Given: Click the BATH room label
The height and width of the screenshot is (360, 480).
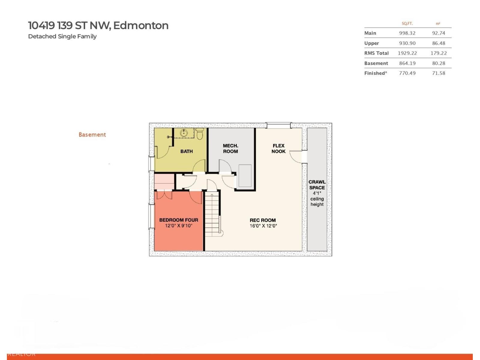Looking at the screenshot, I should tap(186, 151).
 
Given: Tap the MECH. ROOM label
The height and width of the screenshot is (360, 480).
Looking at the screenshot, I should tap(230, 148).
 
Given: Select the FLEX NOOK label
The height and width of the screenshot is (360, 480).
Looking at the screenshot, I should tap(278, 148).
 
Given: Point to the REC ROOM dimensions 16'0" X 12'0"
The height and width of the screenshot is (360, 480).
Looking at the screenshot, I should tap(263, 226).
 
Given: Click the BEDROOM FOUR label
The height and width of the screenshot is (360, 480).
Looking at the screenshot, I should tap(178, 220).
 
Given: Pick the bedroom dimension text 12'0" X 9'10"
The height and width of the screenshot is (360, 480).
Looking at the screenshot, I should tap(178, 226).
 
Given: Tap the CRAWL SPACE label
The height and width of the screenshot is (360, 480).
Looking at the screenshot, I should tap(317, 185).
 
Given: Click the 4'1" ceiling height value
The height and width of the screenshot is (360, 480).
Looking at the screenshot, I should tap(317, 193).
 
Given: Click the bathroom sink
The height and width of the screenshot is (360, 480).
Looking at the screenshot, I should tap(184, 133).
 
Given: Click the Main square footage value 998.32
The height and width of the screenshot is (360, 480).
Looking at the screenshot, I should tap(407, 33).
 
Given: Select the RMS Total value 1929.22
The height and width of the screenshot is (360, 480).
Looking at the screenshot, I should tap(407, 53).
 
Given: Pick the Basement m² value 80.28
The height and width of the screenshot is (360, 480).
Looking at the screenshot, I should tap(438, 63).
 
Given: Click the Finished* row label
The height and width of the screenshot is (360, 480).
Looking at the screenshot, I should tap(376, 73).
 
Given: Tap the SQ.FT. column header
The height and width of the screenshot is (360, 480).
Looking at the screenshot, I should tap(407, 23).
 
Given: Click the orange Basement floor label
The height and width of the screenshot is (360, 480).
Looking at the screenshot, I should tap(92, 135).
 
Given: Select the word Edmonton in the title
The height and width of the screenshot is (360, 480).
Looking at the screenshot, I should tap(141, 25).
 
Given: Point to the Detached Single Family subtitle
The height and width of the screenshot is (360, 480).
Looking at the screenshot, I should tap(62, 36).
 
